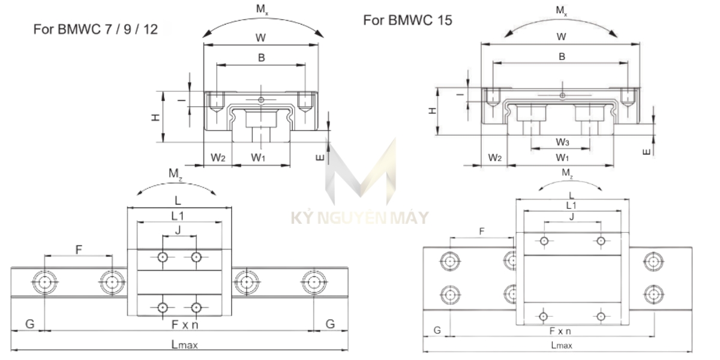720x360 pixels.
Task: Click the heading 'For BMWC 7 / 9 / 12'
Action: (95, 28)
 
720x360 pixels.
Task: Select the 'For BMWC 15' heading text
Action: (407, 20)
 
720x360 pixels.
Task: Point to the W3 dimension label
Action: (562, 142)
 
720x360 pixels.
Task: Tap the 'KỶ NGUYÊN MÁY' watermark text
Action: (359, 217)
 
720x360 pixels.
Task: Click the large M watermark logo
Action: (360, 174)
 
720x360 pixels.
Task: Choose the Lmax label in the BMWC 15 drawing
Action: (562, 345)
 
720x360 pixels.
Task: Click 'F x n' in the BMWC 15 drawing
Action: (560, 331)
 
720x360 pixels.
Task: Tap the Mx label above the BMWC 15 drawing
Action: (561, 10)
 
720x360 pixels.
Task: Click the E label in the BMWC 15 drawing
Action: (646, 152)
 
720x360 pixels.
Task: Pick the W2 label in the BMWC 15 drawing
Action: (494, 157)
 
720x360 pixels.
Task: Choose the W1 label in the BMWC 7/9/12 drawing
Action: (259, 158)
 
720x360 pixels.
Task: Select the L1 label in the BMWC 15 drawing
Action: (572, 205)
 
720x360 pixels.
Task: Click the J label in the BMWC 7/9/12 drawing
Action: (178, 230)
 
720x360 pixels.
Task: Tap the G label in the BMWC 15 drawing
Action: (437, 330)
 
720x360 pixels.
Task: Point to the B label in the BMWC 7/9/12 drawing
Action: (261, 58)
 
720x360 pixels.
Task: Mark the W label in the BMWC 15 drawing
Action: (561, 37)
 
